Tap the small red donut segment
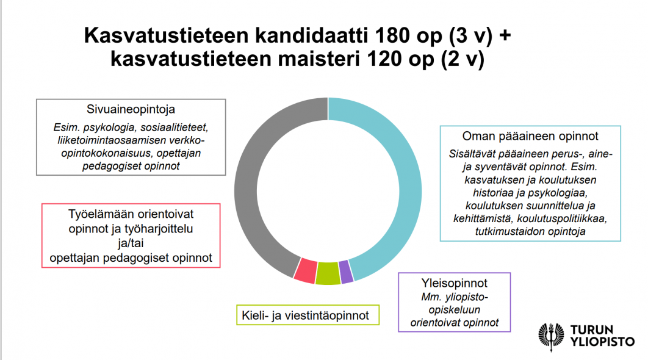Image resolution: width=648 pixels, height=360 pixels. tap(304, 270)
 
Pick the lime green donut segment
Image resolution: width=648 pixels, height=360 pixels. tap(328, 273)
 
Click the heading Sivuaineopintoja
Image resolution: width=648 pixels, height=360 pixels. tap(131, 110)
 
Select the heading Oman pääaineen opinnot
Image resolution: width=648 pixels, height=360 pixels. tap(530, 136)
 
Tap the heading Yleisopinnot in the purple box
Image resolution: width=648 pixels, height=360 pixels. tap(454, 284)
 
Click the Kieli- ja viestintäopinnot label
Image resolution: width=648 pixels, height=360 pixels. tap(308, 315)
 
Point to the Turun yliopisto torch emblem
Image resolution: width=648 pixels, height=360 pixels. tap(552, 335)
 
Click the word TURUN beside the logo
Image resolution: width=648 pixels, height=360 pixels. tap(591, 330)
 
